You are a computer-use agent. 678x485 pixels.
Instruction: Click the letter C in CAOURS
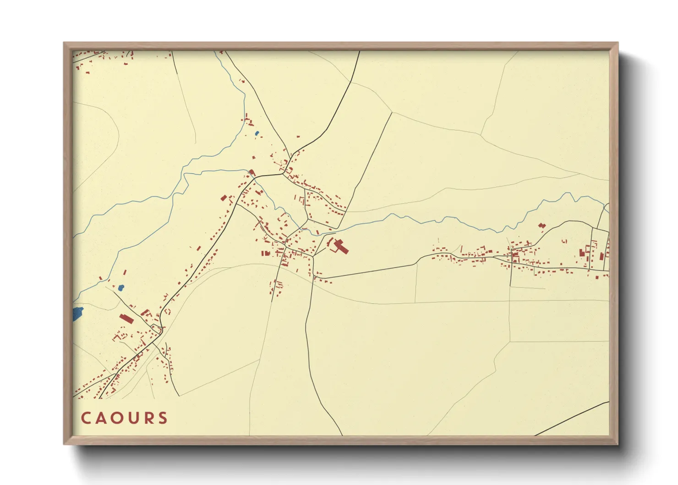[x=86, y=418]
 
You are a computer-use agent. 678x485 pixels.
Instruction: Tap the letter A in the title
[x=101, y=418]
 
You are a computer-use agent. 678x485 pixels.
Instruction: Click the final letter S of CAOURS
[x=162, y=418]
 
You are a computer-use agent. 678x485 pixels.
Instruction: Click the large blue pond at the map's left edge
[x=78, y=314]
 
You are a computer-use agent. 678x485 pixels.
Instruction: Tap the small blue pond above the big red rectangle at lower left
[x=121, y=288]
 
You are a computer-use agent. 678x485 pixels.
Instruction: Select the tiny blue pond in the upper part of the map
[x=257, y=133]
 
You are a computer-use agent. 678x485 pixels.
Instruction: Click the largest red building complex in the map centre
[x=340, y=246]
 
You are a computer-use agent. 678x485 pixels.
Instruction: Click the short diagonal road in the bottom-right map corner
[x=573, y=418]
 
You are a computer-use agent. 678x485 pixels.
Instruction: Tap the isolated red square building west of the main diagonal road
[x=224, y=198]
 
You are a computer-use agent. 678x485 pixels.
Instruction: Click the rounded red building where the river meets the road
[x=252, y=172]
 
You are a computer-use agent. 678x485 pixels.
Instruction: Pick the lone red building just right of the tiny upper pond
[x=298, y=137]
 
